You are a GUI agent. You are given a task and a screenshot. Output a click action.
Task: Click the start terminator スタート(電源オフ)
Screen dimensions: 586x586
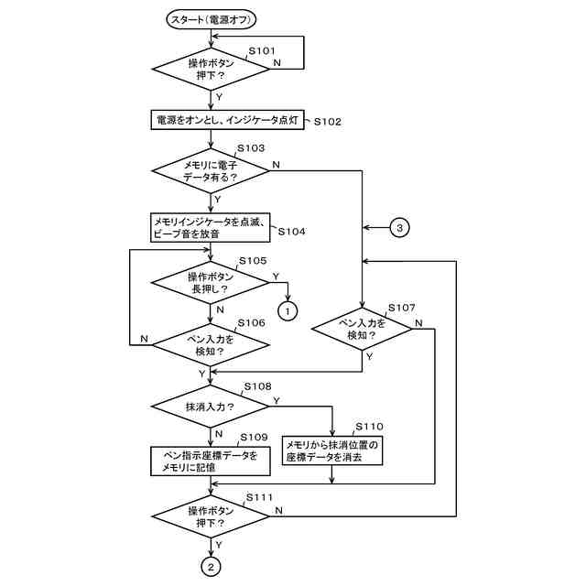212,19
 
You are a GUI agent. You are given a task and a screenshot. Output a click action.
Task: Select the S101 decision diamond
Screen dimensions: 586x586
212,69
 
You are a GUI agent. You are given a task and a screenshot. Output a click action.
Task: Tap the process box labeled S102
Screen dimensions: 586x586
227,120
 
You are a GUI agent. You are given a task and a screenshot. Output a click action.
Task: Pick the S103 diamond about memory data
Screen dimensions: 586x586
211,171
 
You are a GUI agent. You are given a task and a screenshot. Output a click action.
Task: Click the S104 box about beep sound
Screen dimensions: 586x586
210,228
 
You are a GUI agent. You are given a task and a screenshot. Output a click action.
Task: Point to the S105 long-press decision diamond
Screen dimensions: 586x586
210,282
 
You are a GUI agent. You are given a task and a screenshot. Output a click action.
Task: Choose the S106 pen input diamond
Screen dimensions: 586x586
211,344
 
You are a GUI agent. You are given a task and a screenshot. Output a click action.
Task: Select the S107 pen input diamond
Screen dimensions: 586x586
362,329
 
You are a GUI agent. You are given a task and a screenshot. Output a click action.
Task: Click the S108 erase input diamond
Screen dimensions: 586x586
210,407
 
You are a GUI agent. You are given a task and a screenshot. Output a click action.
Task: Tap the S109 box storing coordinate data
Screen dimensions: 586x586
211,461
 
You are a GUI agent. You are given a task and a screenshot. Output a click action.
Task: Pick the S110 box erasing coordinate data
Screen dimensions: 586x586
332,450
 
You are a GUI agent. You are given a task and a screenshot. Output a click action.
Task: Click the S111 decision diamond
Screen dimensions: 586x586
211,516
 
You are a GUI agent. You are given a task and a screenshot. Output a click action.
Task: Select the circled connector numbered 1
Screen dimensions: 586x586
288,311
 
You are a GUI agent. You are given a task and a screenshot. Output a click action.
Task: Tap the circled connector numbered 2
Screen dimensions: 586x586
211,568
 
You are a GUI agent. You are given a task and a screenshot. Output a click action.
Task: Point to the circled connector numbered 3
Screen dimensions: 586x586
399,228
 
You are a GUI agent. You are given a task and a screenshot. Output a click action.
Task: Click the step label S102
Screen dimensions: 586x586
328,122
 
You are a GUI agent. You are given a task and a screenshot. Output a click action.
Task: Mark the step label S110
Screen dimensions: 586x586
369,427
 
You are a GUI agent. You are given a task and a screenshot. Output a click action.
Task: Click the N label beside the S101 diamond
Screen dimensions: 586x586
277,62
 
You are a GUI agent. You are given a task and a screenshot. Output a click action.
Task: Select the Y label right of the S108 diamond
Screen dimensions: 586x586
277,401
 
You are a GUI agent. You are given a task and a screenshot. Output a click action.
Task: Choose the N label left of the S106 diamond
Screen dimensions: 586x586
145,339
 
